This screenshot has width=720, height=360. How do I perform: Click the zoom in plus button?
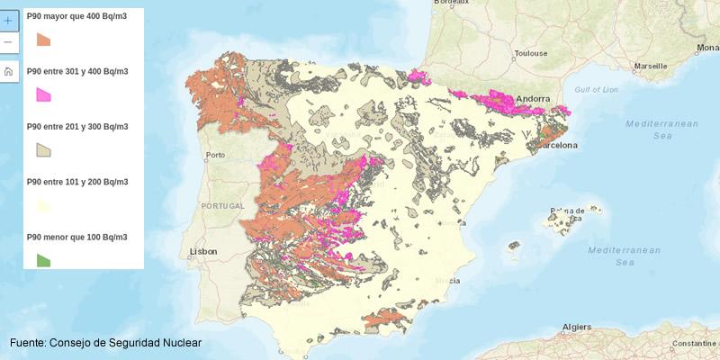coord(8,19)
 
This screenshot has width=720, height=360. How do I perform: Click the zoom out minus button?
coord(8,42)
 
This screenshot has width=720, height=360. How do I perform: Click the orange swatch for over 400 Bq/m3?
coord(43,40)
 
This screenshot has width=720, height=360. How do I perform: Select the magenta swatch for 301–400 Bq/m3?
coord(43,94)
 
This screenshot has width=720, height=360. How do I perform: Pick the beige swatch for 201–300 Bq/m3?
coord(43,149)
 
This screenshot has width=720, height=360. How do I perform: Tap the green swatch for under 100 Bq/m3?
coord(43,260)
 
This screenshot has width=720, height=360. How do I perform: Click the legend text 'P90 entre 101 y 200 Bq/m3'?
coord(77,182)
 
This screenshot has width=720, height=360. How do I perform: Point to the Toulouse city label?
coord(531,53)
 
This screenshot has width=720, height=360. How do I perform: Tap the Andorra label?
coord(533,99)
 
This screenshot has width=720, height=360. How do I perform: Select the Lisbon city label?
coord(203,252)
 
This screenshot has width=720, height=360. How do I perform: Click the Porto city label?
coord(214,155)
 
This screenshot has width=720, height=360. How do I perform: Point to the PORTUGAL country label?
coord(221,206)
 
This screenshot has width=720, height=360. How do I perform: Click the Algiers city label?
coord(576,327)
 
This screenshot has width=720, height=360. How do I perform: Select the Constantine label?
coord(695,343)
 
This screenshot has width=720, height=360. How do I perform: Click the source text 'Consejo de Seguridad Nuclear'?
coord(125,343)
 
